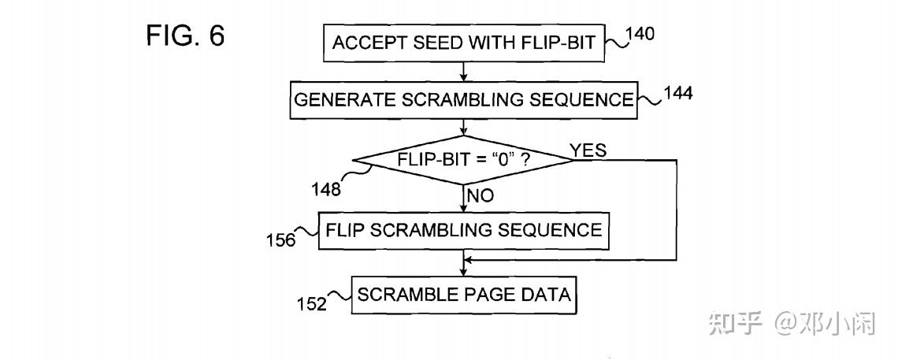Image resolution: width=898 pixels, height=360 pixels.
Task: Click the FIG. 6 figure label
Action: pos(185,37)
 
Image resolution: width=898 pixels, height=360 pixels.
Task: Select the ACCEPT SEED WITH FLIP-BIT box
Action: pos(464,43)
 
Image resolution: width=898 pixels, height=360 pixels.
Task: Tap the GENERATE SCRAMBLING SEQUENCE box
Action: pos(464,100)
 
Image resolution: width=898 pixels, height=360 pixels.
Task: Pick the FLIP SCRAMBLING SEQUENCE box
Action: pos(464,230)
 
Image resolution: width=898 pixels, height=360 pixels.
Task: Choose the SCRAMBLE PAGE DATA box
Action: pos(464,295)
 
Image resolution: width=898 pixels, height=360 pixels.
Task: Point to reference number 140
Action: pos(640,35)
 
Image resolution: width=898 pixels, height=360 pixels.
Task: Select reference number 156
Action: pos(280,239)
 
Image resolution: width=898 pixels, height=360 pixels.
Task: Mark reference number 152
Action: pos(311,303)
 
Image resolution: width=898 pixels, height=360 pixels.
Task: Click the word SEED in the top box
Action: pos(420,43)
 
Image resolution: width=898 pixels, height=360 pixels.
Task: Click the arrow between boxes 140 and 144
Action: pos(464,72)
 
